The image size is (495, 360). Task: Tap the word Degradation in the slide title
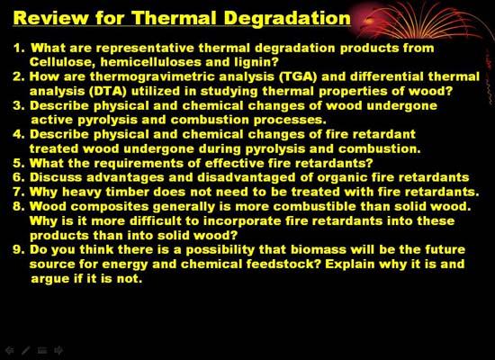[287, 18]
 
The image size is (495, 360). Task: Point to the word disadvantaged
[247, 178]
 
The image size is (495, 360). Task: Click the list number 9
[19, 250]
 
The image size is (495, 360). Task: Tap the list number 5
[19, 164]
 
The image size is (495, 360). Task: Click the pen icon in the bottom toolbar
[26, 350]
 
